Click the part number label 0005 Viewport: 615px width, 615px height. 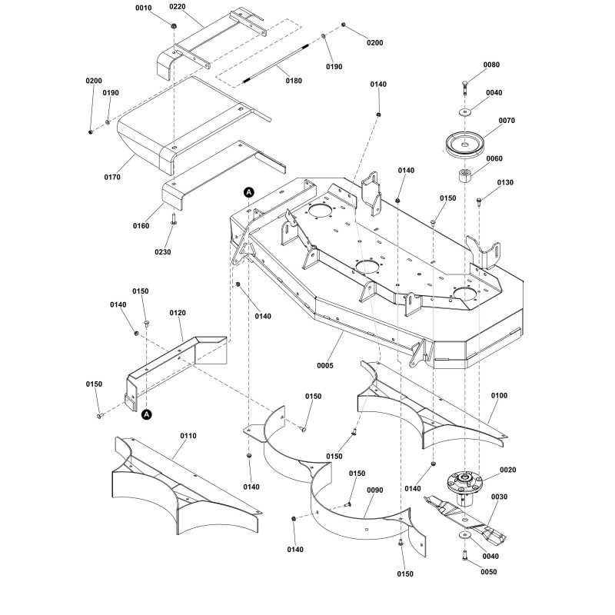point(324,366)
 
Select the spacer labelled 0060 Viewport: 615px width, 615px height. point(465,175)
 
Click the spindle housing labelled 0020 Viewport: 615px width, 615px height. point(465,487)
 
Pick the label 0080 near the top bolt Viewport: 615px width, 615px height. point(491,65)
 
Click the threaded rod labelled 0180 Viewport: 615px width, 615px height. point(277,64)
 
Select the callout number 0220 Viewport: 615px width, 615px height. point(178,7)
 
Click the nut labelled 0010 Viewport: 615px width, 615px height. point(174,26)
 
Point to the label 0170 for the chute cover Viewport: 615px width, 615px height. point(112,178)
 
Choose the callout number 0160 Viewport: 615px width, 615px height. point(141,226)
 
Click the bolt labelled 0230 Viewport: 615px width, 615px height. point(174,219)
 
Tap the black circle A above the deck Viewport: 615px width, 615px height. point(249,193)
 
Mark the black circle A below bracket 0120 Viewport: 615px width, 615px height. point(147,414)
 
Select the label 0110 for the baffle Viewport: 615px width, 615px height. point(188,436)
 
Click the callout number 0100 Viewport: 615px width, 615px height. point(499,395)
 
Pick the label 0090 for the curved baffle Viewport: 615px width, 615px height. point(375,490)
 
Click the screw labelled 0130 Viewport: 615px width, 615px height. point(479,201)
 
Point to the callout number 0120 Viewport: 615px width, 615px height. point(178,313)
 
